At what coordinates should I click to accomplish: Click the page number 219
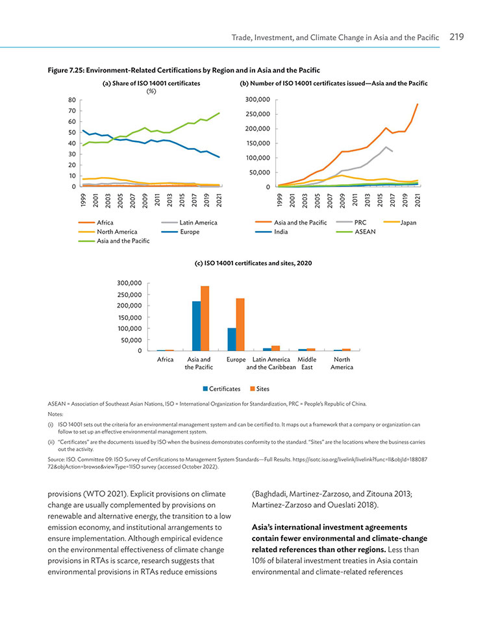(456, 37)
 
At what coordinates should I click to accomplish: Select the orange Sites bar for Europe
(240, 324)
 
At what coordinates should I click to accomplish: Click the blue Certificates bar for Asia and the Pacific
(196, 326)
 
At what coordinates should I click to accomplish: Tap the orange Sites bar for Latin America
(275, 348)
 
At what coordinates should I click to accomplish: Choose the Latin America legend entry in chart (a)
(189, 223)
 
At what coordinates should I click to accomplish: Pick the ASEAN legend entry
(356, 232)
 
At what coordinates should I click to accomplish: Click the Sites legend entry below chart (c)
(260, 389)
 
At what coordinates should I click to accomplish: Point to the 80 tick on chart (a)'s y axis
(72, 100)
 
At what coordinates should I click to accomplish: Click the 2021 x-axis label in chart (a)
(219, 200)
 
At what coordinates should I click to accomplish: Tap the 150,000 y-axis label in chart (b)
(258, 143)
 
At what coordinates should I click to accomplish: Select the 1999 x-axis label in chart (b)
(281, 200)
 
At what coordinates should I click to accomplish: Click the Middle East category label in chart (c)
(307, 363)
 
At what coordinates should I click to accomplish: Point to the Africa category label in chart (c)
(166, 359)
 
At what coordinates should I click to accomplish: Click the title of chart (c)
(253, 263)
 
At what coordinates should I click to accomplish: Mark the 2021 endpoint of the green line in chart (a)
(219, 113)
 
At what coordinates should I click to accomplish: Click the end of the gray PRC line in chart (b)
(392, 151)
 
